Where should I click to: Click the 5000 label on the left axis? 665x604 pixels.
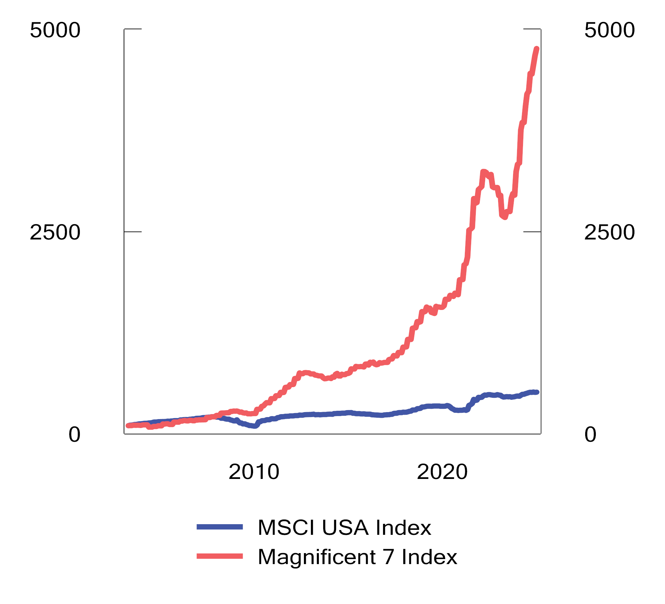pos(55,30)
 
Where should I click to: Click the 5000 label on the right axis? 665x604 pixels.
pos(609,30)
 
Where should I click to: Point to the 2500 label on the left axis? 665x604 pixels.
pos(55,232)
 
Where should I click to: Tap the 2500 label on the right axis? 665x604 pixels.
pos(609,232)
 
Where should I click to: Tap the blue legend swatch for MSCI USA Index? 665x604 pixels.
pos(219,527)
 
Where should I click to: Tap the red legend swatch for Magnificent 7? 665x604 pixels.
pos(219,556)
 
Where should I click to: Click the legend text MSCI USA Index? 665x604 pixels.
pos(344,528)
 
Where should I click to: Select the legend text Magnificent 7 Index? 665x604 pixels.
pos(357,557)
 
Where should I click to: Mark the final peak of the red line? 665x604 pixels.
pos(537,49)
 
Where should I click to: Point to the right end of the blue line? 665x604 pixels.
pos(537,392)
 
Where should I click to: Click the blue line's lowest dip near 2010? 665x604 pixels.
pos(255,426)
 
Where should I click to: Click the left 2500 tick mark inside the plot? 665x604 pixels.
pos(133,231)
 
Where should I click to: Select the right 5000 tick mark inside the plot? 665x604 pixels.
pos(532,29)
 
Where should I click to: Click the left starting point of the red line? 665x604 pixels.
pos(128,426)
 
